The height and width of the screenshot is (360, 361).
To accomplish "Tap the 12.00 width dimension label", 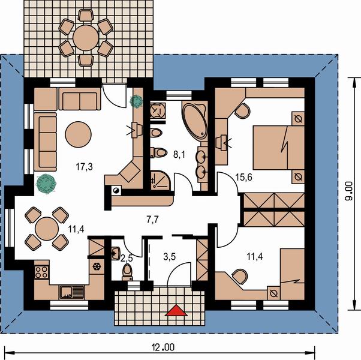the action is (x=163, y=347).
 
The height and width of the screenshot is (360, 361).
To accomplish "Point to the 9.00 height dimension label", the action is (x=349, y=191).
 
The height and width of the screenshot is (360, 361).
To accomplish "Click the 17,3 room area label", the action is (x=85, y=166).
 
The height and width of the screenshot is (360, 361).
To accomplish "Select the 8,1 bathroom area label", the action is (x=179, y=155).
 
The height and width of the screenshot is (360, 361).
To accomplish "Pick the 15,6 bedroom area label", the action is (x=243, y=178).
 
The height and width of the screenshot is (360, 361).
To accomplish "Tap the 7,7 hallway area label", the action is (x=153, y=220).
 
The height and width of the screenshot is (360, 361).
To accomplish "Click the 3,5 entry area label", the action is (x=170, y=257).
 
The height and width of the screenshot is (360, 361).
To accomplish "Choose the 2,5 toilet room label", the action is (x=127, y=259).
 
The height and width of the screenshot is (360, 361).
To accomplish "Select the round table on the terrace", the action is (x=86, y=38).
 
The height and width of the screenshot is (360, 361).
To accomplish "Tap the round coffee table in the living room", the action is (x=79, y=134).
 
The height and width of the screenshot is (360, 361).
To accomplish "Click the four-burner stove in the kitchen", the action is (x=41, y=272).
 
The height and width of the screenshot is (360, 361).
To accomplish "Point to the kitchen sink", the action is (x=72, y=292).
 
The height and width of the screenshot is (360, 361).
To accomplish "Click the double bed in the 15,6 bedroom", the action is (x=279, y=148).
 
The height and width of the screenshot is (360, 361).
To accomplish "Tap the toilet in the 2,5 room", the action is (x=127, y=272).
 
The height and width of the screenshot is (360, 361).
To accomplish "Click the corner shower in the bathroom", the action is (x=160, y=181).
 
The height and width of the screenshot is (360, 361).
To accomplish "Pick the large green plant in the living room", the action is (x=46, y=184).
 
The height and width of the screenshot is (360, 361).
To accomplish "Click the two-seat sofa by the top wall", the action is (x=80, y=99).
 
